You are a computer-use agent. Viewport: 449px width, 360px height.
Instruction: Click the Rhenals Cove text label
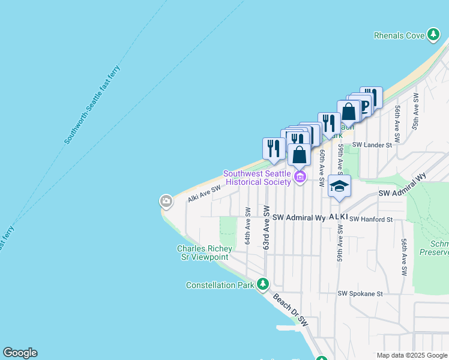[x=399, y=35]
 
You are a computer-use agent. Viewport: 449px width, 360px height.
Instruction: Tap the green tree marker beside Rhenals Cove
[x=433, y=35]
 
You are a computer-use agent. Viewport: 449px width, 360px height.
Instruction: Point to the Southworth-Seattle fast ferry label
[x=92, y=105]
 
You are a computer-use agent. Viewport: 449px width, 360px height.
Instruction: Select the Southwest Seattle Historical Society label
[x=258, y=178]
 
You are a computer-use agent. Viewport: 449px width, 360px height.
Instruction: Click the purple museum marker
[x=300, y=176]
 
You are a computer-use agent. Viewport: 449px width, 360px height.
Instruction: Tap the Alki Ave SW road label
[x=204, y=193]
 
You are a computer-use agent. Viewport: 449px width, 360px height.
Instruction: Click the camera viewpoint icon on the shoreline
[x=166, y=202]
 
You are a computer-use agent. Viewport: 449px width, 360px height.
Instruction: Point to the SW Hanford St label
[x=371, y=220]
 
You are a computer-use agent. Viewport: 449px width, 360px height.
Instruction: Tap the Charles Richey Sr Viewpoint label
[x=202, y=253]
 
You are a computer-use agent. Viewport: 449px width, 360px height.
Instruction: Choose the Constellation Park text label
[x=220, y=286]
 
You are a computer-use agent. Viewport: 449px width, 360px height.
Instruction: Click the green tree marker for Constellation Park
[x=262, y=284]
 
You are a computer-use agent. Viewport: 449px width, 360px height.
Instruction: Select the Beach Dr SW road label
[x=290, y=310]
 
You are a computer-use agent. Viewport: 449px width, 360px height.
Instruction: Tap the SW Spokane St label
[x=360, y=294]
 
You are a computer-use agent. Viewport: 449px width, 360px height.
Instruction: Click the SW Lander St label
[x=372, y=145]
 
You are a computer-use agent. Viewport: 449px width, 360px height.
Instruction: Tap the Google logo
[x=20, y=353]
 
